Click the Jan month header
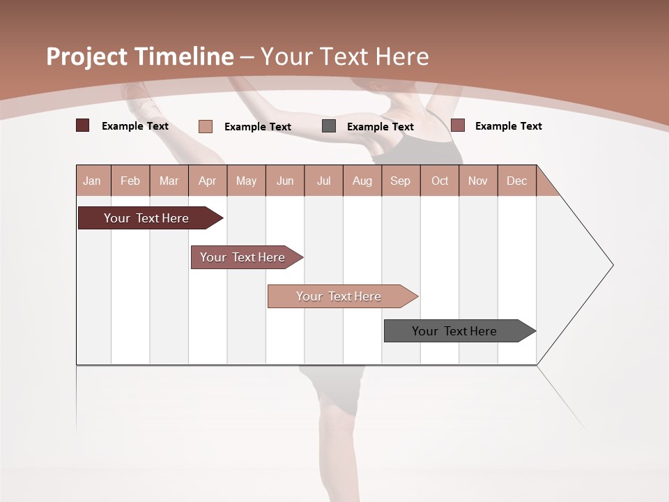93,181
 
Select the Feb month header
130,181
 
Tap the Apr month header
208,181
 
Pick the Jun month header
285,181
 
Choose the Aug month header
362,181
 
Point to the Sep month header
401,181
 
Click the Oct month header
440,181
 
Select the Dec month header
517,181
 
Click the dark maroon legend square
82,125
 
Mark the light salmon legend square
205,126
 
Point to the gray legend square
329,126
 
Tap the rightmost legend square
458,125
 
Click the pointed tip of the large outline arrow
612,265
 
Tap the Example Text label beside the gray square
380,127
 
